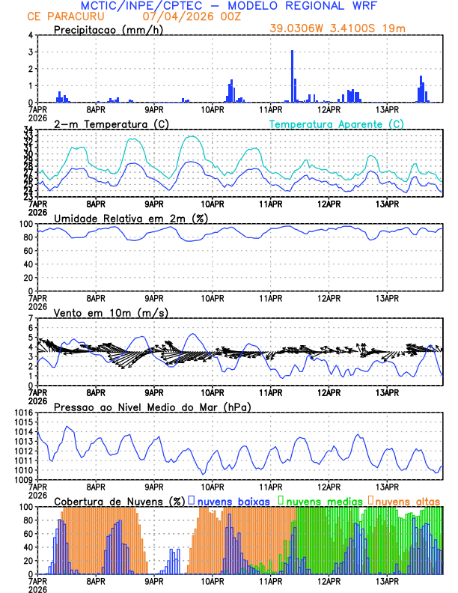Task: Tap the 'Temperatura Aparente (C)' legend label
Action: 337,124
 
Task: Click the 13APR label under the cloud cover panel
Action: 386,580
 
